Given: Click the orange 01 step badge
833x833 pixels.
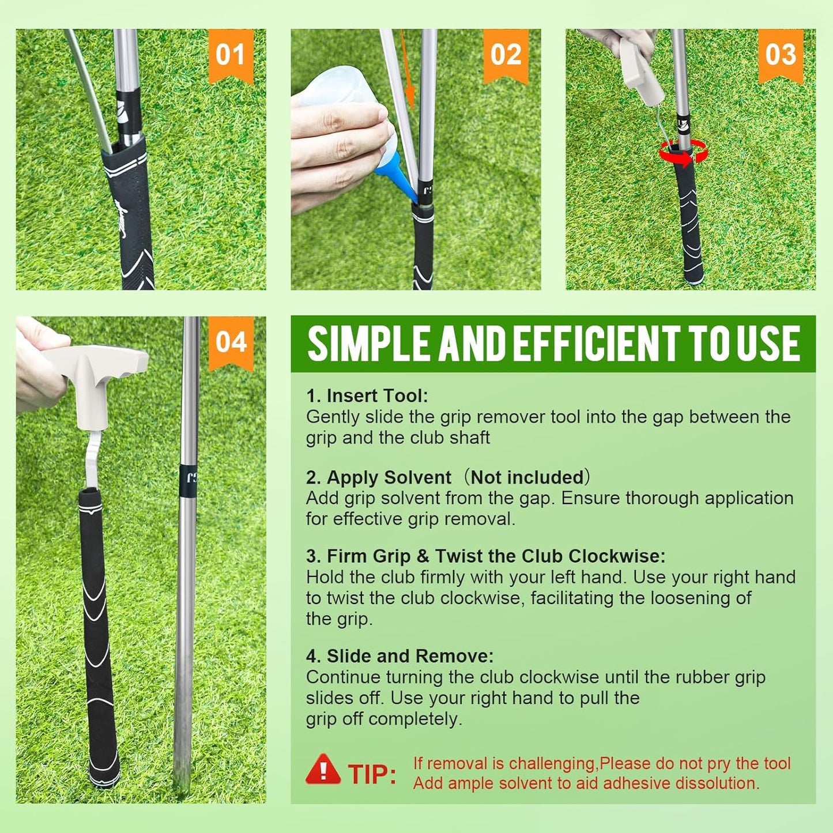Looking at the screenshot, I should (231, 55).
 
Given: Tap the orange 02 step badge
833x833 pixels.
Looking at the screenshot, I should (506, 55).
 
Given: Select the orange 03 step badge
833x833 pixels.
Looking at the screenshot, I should (781, 55).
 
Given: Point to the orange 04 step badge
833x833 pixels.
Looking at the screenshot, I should (231, 342).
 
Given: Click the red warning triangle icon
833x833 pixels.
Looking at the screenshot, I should (323, 770).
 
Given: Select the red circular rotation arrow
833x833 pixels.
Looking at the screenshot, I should (684, 153).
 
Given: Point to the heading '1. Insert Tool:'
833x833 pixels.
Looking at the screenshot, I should (367, 395).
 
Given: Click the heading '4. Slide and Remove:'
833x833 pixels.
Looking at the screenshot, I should (399, 656).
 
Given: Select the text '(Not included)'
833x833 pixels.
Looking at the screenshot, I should (527, 477).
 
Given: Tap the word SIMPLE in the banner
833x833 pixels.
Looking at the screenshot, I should (369, 344).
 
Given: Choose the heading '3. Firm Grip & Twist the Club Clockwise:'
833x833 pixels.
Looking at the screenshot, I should (485, 556).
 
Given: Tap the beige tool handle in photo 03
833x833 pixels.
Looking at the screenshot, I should (636, 69).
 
